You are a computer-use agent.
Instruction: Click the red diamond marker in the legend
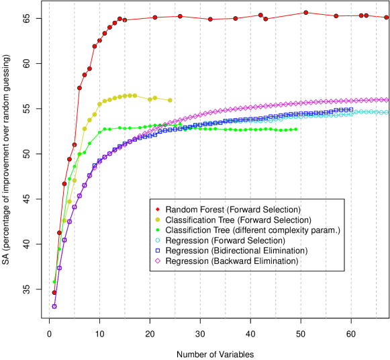158,209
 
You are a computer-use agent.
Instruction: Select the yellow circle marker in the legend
158,220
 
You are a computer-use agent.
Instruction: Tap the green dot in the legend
158,230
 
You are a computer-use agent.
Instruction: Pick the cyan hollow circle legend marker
158,240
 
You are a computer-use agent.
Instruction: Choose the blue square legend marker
158,251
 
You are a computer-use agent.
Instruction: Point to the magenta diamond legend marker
158,261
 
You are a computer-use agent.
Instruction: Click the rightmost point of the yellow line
170,100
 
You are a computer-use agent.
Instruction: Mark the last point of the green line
296,129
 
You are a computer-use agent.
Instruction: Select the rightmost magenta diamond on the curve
387,99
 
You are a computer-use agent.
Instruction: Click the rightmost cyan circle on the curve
386,112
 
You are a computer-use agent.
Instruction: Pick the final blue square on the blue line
351,109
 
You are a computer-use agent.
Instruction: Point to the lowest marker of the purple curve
54,306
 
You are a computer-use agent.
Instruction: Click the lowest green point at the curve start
54,281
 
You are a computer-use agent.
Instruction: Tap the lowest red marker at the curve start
54,292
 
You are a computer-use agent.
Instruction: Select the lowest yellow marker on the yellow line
64,220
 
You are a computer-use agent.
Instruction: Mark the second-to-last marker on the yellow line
155,98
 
